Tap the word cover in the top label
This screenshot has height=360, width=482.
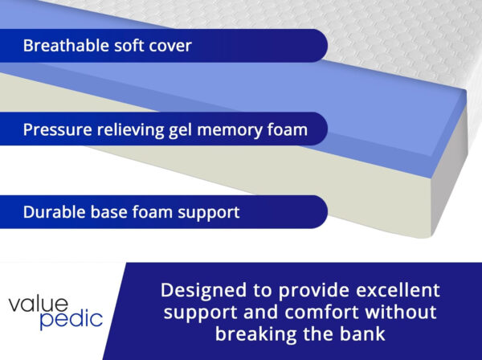click(169, 46)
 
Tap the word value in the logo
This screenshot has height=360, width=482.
click(39, 303)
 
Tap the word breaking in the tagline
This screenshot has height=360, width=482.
click(251, 333)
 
